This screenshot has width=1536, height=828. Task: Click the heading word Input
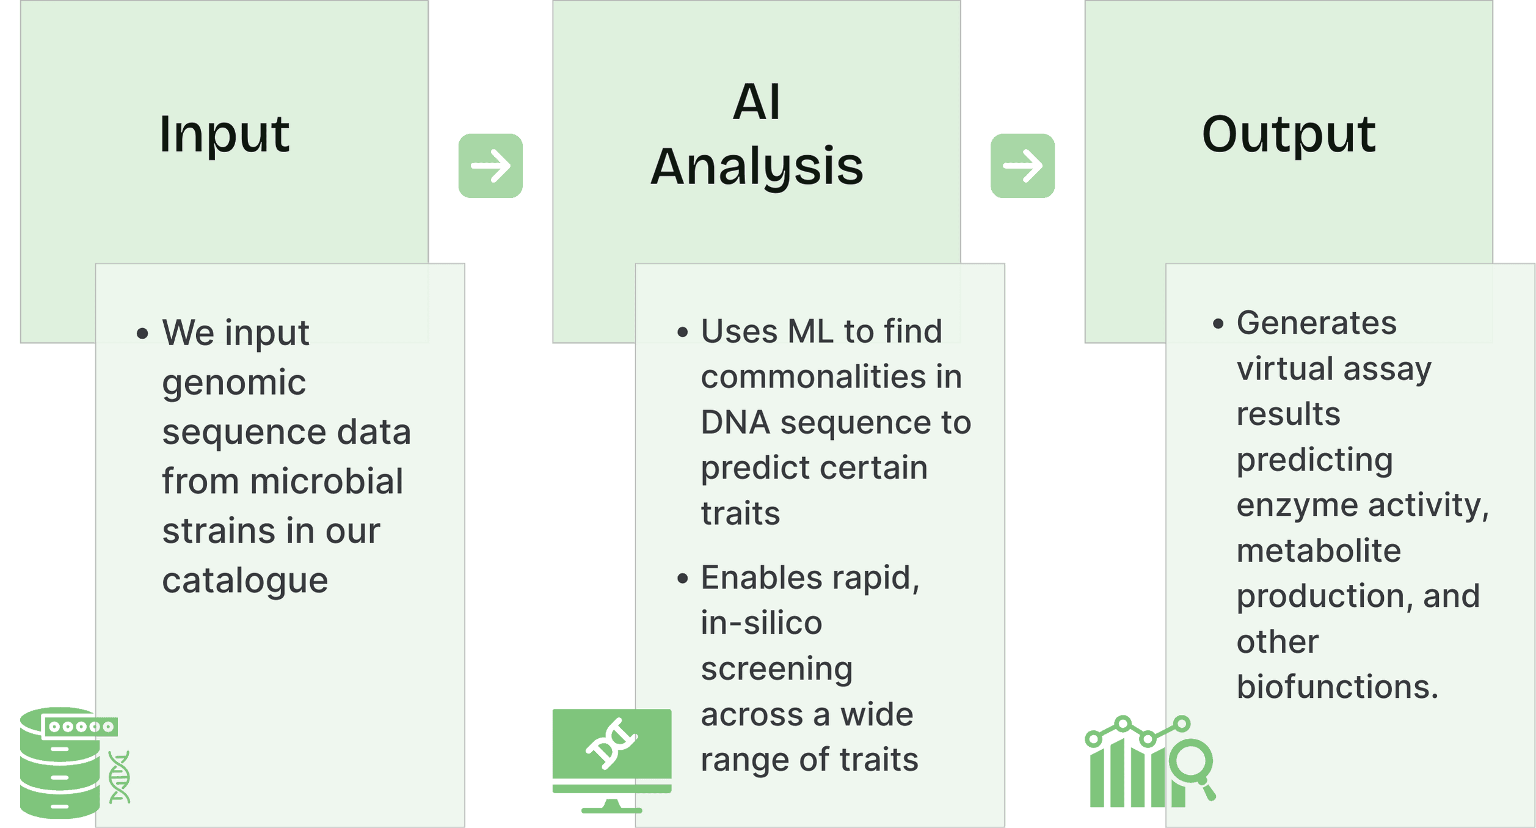pyautogui.click(x=224, y=134)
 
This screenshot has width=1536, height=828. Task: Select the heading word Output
pyautogui.click(x=1288, y=134)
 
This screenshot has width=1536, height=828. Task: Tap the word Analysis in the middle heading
pyautogui.click(x=757, y=167)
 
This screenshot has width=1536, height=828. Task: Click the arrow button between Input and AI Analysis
pyautogui.click(x=490, y=166)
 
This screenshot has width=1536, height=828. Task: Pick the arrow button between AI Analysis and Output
pyautogui.click(x=1022, y=166)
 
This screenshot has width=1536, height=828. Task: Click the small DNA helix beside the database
pyautogui.click(x=120, y=777)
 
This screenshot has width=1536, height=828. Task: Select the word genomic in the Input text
pyautogui.click(x=234, y=383)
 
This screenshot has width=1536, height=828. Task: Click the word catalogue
pyautogui.click(x=245, y=580)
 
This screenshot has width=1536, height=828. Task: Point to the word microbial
pyautogui.click(x=326, y=482)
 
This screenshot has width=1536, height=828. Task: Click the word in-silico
pyautogui.click(x=761, y=623)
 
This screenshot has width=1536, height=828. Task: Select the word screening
pyautogui.click(x=776, y=669)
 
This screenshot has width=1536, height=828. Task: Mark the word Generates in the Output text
pyautogui.click(x=1316, y=323)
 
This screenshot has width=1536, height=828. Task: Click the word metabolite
pyautogui.click(x=1319, y=551)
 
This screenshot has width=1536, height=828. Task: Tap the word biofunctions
pyautogui.click(x=1337, y=687)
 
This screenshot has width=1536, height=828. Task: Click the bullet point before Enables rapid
pyautogui.click(x=682, y=578)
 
